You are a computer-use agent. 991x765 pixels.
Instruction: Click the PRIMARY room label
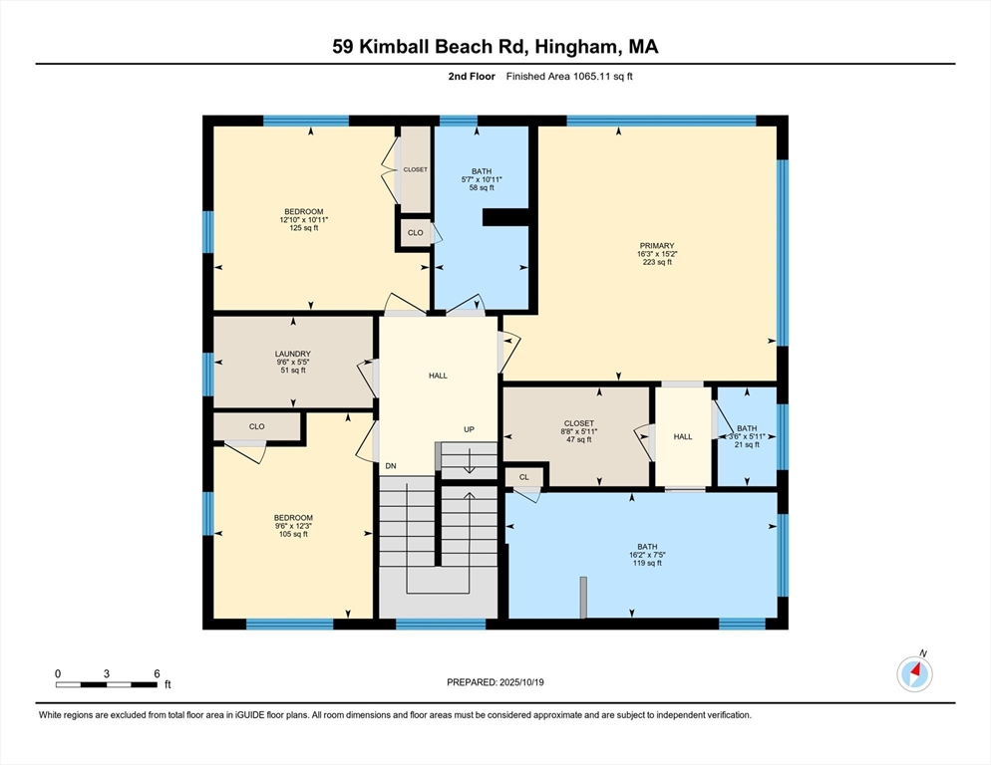coord(657,246)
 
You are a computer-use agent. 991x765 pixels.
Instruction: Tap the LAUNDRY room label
coord(293,354)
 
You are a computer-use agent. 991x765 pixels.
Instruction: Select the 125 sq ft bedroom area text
coord(303,228)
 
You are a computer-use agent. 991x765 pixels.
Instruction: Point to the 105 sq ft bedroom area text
coord(293,534)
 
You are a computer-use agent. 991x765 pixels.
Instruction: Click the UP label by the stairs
coord(469,429)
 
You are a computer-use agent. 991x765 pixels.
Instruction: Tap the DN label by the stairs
coord(391,466)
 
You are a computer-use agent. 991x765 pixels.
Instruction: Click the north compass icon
coord(914,673)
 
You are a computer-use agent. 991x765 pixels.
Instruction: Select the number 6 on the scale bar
coord(157,674)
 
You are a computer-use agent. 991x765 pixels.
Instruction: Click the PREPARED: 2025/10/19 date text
coord(495,682)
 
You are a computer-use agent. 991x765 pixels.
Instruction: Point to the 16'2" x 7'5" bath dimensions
coord(647,555)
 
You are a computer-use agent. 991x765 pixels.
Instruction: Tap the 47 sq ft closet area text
coord(579,439)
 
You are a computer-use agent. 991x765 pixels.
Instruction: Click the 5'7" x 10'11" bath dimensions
coord(482,179)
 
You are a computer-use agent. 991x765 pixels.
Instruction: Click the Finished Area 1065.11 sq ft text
coord(569,77)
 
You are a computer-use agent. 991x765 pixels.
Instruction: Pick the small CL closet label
coord(524,477)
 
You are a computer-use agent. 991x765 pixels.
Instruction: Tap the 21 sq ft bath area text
coord(747,444)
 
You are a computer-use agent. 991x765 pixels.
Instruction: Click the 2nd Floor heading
coord(472,77)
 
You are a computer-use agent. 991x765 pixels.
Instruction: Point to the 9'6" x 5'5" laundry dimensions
coord(293,362)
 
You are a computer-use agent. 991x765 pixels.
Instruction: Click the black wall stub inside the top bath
coord(505,217)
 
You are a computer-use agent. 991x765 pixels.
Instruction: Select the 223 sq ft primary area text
coord(657,262)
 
